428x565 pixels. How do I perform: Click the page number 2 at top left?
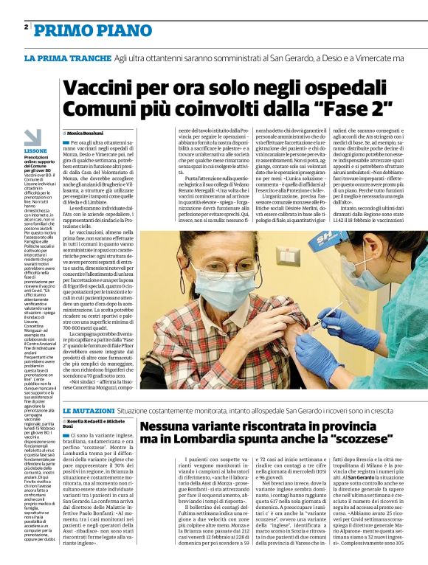[27, 27]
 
